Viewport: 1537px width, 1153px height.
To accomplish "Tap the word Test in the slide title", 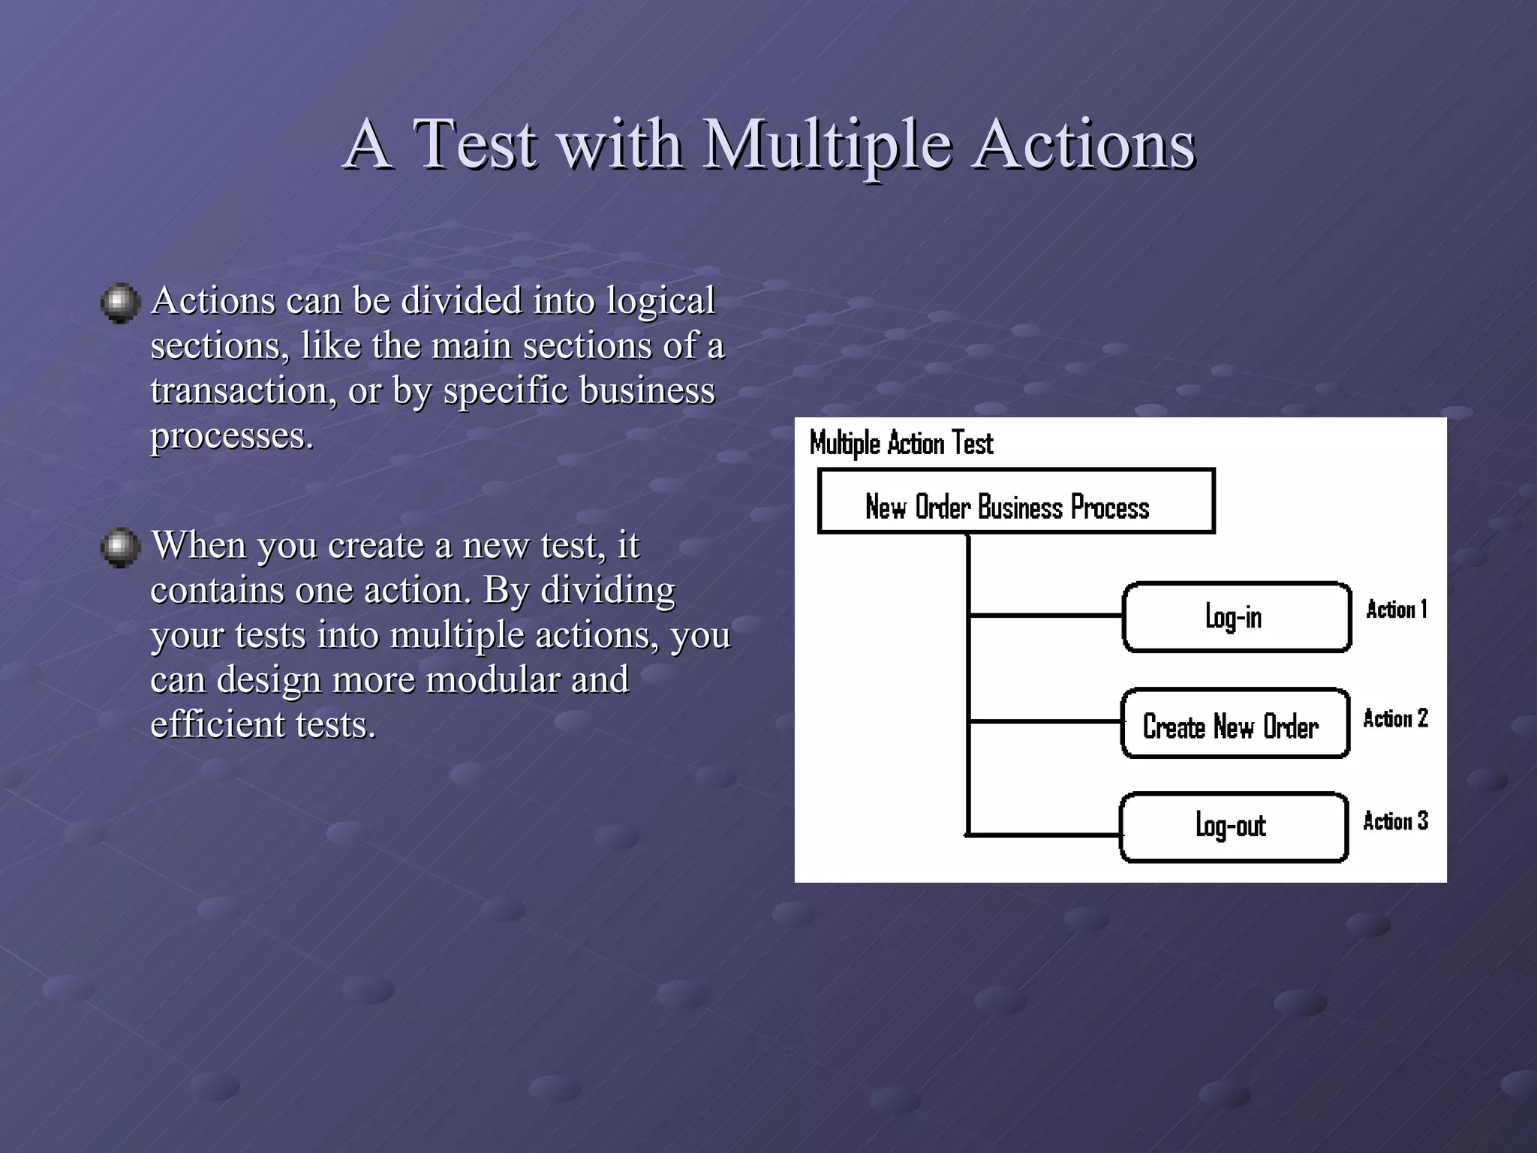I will [x=475, y=144].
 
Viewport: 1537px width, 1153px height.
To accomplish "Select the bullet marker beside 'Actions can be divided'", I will [x=120, y=303].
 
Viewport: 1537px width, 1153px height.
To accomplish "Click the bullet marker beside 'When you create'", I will [x=120, y=547].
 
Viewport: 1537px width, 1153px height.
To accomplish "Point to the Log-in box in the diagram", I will [x=1236, y=617].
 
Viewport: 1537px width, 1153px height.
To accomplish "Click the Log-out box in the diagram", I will [x=1233, y=827].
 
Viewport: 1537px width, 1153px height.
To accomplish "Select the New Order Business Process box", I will [x=1015, y=501].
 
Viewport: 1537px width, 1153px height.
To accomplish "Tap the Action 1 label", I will [x=1396, y=610].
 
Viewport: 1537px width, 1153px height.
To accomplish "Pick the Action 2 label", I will [x=1395, y=718].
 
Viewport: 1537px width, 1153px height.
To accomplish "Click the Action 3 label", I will [x=1395, y=821].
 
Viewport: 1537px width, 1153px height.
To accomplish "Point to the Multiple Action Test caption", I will [x=901, y=444].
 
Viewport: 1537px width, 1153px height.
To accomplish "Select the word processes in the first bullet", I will [x=231, y=436].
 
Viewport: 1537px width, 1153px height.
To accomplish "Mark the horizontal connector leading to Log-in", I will [x=1045, y=616].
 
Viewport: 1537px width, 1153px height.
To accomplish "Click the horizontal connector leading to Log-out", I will [x=1043, y=834].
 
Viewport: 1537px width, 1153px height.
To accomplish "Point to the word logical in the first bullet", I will [x=660, y=301].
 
